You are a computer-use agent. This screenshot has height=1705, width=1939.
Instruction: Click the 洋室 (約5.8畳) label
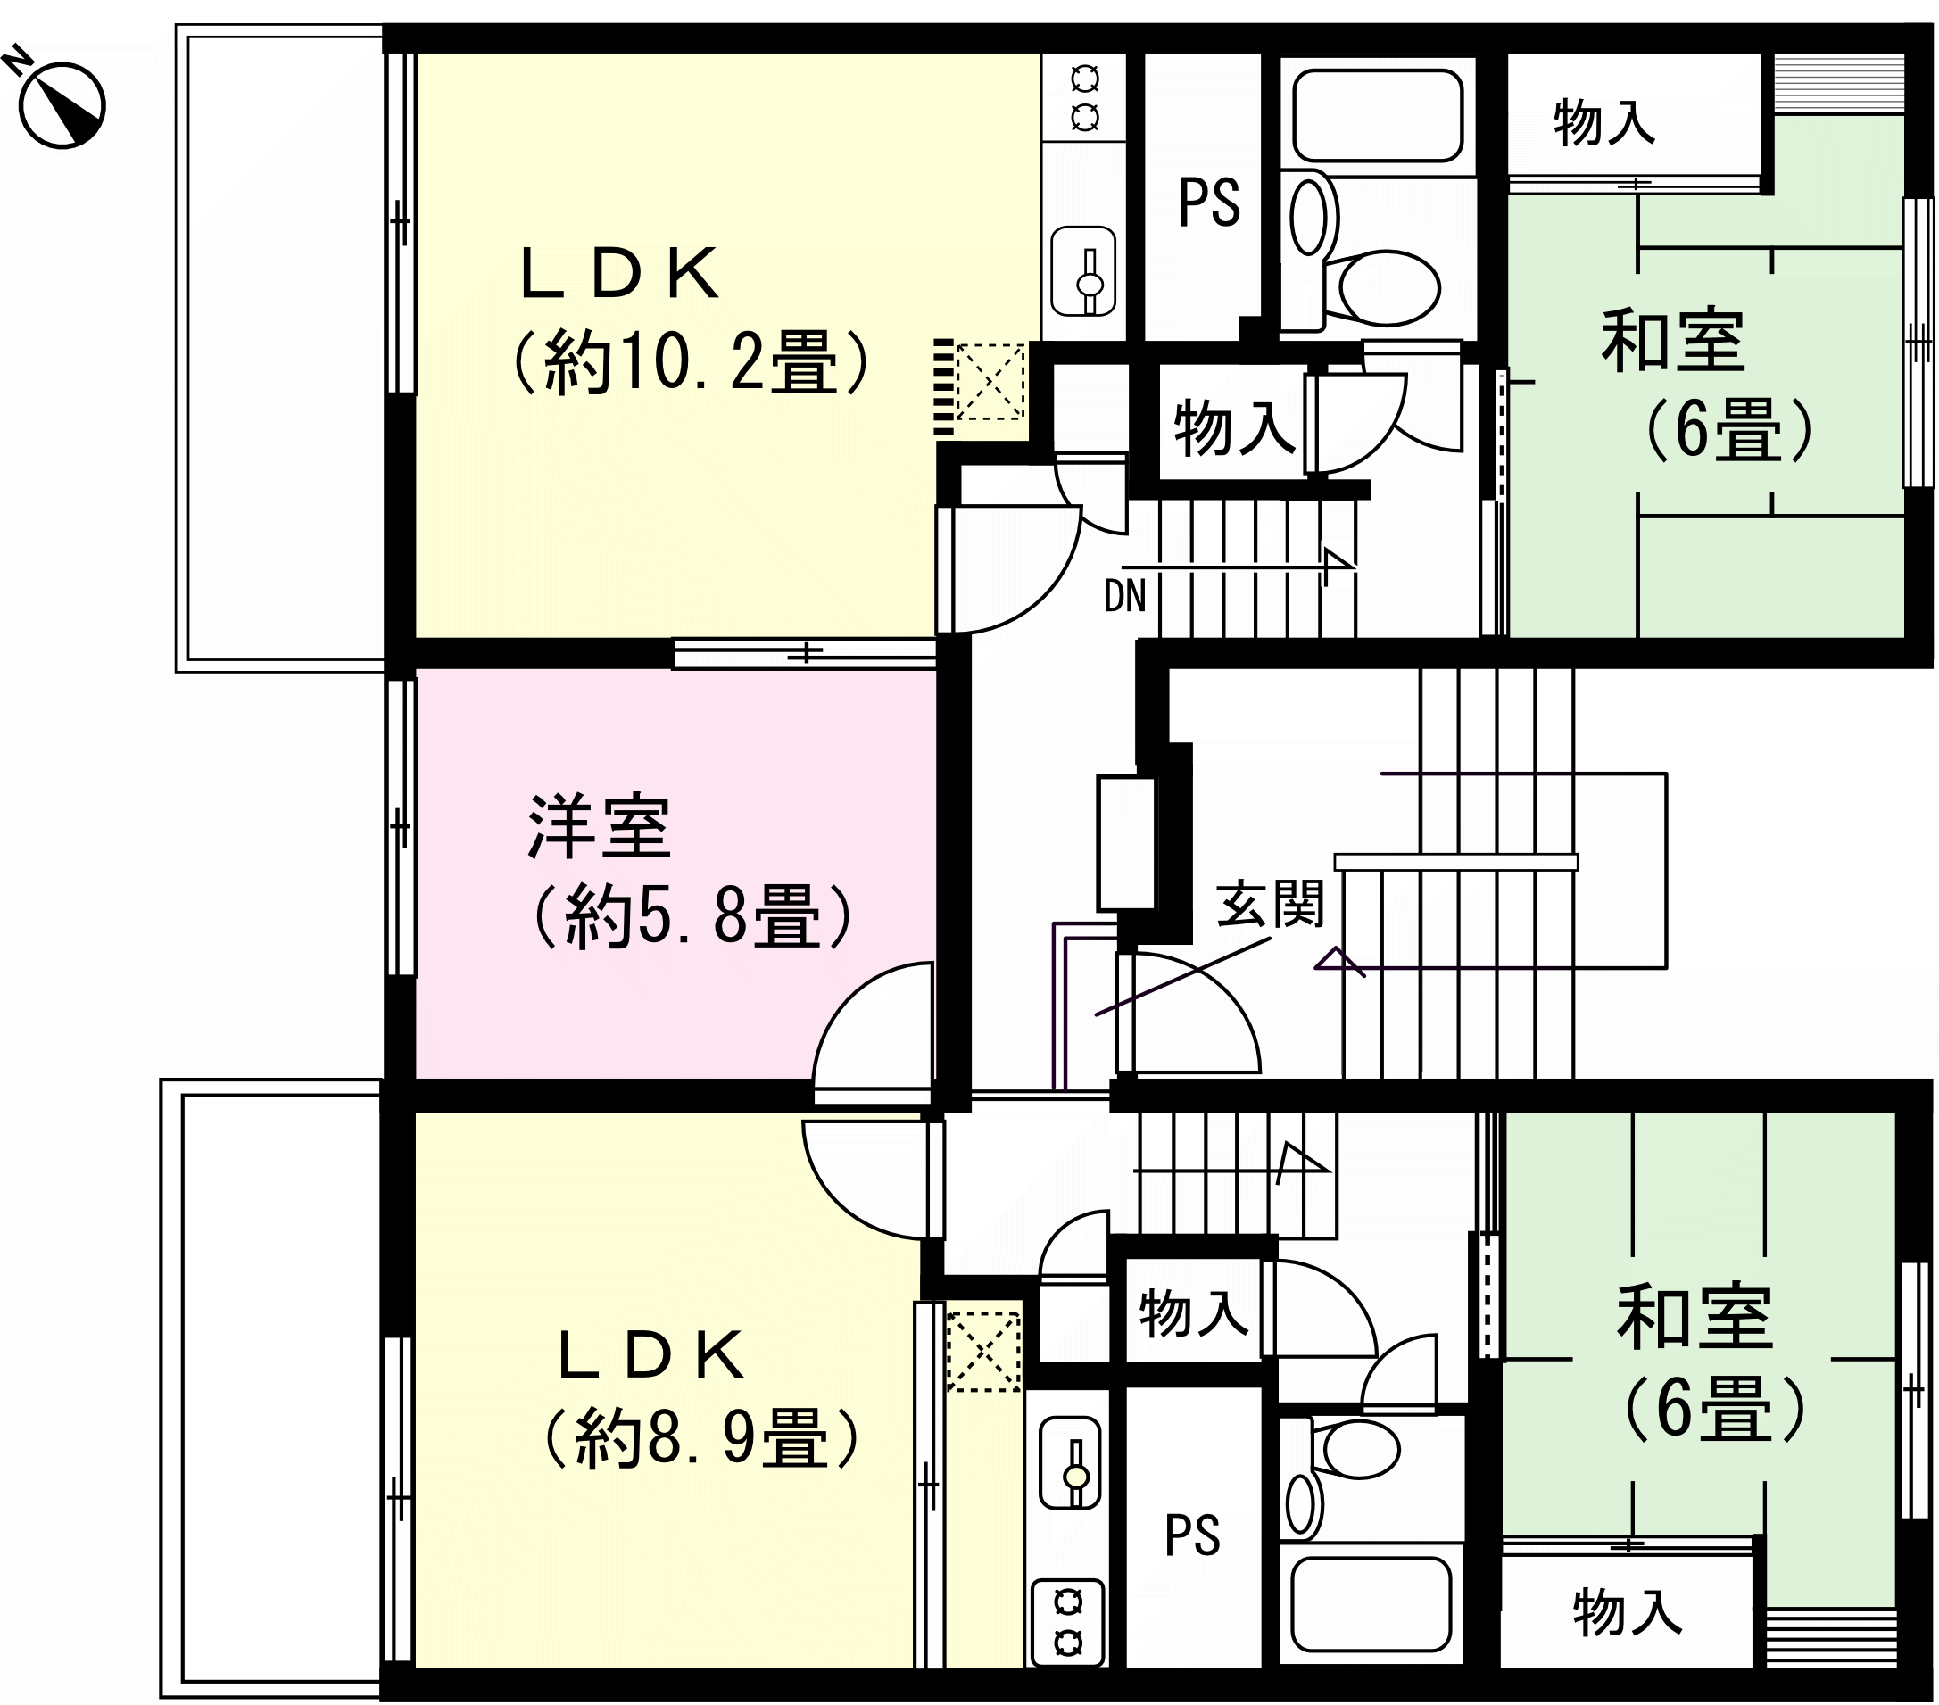(691, 872)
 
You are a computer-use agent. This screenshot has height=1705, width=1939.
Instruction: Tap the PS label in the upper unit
(1208, 202)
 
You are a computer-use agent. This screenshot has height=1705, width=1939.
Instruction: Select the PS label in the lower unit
(1191, 1535)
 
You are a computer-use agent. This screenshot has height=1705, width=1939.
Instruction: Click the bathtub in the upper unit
(1378, 114)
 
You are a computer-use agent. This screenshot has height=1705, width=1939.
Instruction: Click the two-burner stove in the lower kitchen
(1068, 1621)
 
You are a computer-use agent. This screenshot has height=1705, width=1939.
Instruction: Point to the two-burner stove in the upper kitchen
(1084, 97)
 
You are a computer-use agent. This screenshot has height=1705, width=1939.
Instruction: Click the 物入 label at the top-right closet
(1604, 124)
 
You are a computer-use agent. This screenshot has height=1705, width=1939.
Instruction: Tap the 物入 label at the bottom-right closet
(1627, 1613)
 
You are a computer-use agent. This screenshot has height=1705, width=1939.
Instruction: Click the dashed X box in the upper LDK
(990, 382)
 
